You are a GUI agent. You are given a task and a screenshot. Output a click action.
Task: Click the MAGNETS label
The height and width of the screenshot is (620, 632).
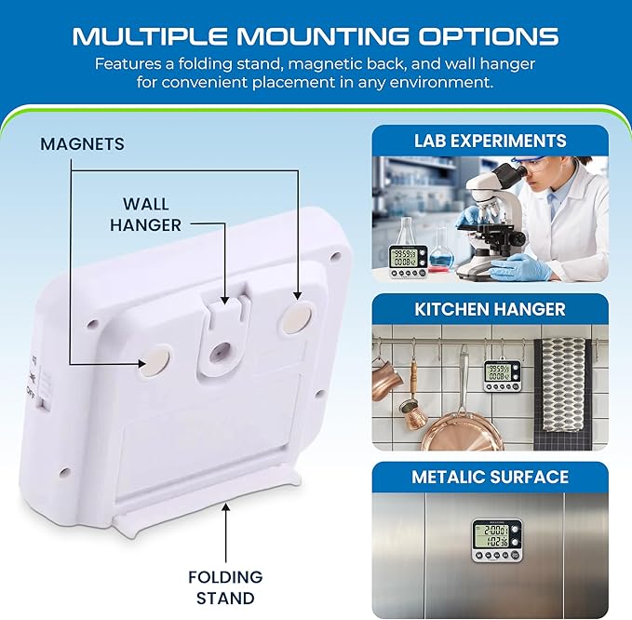click(x=82, y=144)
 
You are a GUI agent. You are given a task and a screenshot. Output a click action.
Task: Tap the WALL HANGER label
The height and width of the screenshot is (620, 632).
click(x=145, y=214)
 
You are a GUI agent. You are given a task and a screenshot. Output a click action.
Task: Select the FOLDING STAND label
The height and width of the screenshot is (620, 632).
click(x=225, y=586)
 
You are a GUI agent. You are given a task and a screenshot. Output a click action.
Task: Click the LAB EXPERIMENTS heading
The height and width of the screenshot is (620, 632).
click(x=490, y=141)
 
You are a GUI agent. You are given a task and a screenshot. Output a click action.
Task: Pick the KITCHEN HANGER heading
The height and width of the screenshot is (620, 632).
click(x=490, y=309)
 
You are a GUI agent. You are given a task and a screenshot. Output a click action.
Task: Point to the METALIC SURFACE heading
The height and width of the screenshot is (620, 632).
click(x=490, y=477)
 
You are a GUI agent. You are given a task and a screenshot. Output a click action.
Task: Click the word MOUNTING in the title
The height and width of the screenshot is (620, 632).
click(x=322, y=36)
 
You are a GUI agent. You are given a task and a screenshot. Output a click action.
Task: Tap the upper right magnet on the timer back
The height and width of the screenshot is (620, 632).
click(x=297, y=318)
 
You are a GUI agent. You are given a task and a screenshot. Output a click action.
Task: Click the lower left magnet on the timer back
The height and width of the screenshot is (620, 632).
click(x=155, y=360)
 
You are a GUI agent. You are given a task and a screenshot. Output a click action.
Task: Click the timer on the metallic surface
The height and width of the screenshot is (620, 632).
click(x=497, y=541)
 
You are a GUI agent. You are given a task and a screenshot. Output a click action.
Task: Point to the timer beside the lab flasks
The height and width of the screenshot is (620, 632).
click(x=407, y=262)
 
